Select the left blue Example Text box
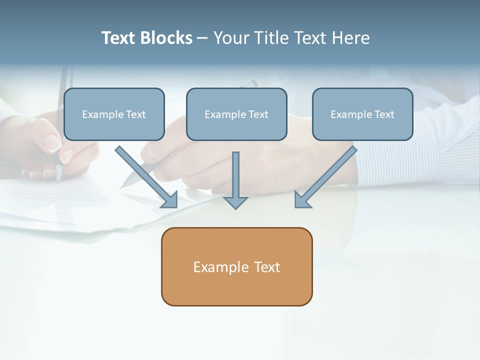[114, 114]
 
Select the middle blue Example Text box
[236, 114]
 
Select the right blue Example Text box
[362, 114]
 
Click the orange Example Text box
[236, 266]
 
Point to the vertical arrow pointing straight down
[235, 175]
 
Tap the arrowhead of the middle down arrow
[235, 202]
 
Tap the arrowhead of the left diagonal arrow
[170, 200]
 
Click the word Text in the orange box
[267, 267]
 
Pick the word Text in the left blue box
[135, 114]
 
